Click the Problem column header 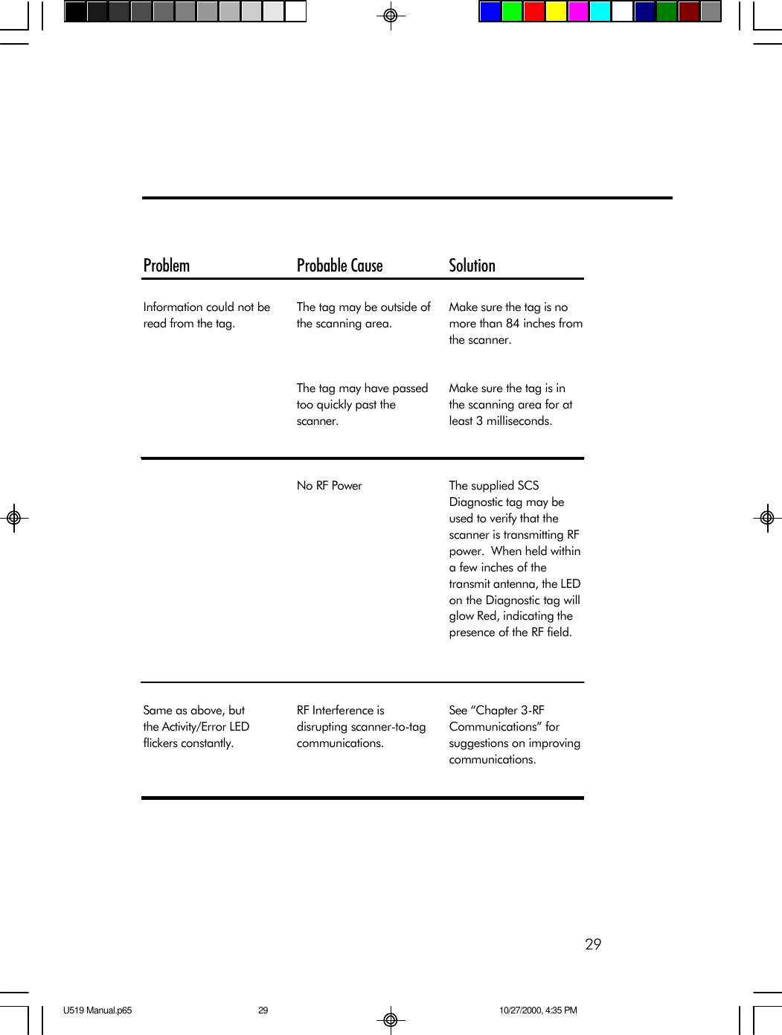click(x=167, y=266)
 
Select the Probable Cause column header click(x=339, y=266)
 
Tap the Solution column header click(x=472, y=266)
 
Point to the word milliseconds click(x=519, y=421)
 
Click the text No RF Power click(x=329, y=486)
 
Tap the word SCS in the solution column click(x=528, y=486)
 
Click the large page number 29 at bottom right click(x=593, y=944)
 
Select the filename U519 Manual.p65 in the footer click(x=97, y=1010)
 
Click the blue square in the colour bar click(x=490, y=12)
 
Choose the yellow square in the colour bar click(x=556, y=12)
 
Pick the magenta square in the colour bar click(x=578, y=12)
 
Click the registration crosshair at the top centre click(x=390, y=15)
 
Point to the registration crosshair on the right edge click(x=767, y=517)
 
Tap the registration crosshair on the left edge click(x=13, y=517)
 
